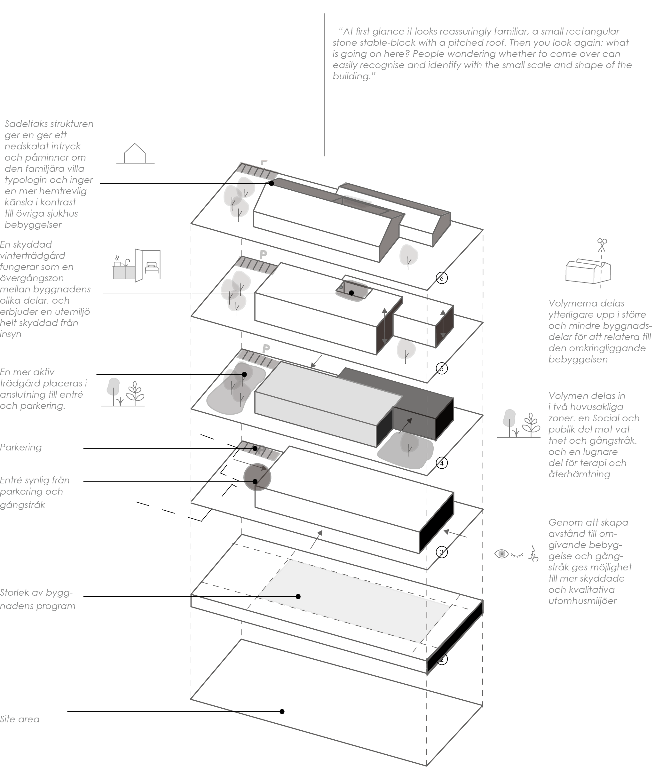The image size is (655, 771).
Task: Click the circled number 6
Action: pyautogui.click(x=441, y=278)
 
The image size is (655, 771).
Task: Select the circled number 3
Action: pyautogui.click(x=441, y=552)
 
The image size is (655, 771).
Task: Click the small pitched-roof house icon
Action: pyautogui.click(x=135, y=154)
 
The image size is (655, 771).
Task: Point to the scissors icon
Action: pyautogui.click(x=602, y=245)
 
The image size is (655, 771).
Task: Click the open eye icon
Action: pyautogui.click(x=502, y=554)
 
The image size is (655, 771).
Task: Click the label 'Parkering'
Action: pyautogui.click(x=21, y=448)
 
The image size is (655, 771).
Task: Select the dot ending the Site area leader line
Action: pyautogui.click(x=282, y=711)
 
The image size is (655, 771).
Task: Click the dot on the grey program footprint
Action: pyautogui.click(x=298, y=596)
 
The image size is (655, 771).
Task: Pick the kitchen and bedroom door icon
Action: pyautogui.click(x=137, y=265)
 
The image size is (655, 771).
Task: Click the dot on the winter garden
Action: pyautogui.click(x=351, y=293)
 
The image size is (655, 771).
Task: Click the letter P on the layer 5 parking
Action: pyautogui.click(x=263, y=255)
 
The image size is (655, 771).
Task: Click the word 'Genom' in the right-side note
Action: pyautogui.click(x=562, y=522)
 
